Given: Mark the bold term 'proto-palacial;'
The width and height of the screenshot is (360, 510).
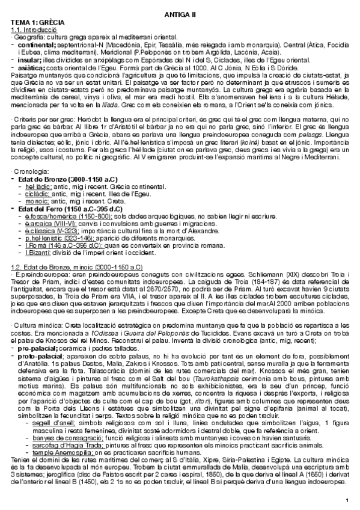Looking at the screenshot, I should (44, 355).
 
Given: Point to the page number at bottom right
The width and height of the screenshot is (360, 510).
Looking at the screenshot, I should (347, 500).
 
